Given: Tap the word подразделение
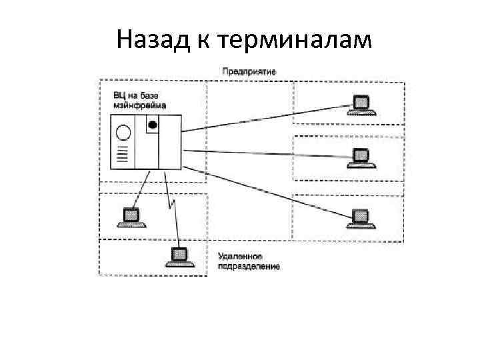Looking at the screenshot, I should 249,266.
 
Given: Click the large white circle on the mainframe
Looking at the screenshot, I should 122,131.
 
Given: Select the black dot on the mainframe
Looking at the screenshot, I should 153,125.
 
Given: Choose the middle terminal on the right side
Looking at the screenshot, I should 360,157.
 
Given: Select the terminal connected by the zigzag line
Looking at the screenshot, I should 179,257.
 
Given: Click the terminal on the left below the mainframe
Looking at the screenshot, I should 131,216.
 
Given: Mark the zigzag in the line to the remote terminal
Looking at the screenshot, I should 171,199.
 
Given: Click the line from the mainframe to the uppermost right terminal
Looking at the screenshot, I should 267,117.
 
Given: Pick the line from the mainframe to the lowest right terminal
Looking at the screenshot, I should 267,193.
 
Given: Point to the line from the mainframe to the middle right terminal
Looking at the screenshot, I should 267,153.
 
